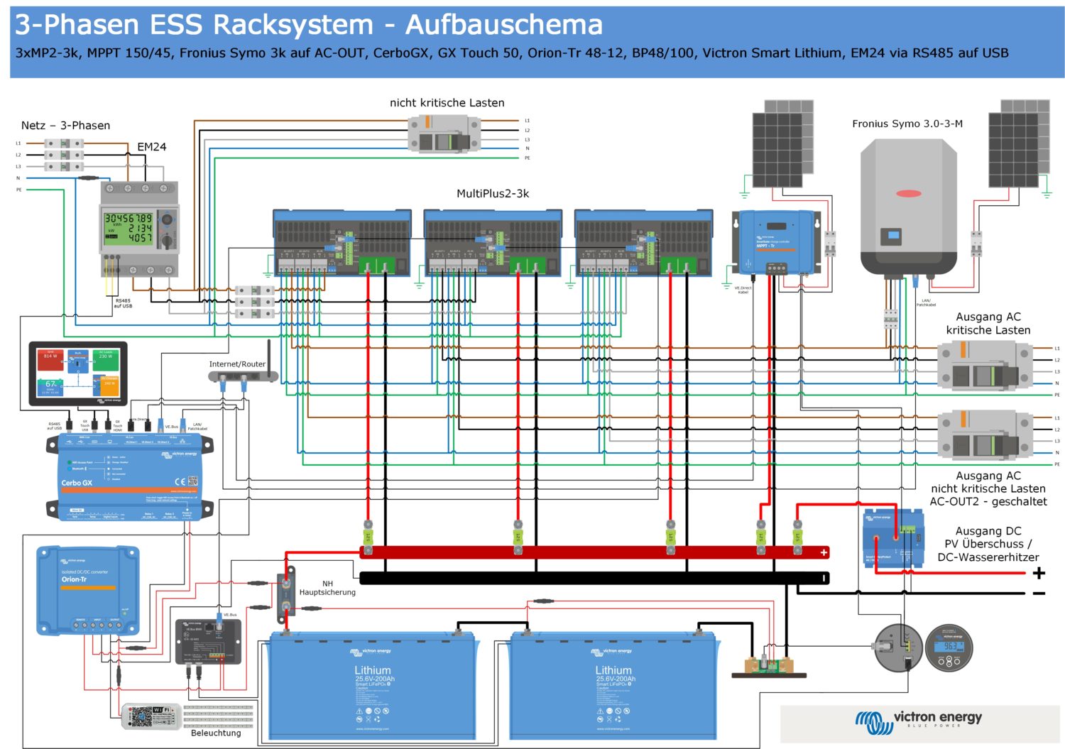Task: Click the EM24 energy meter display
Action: point(129,228)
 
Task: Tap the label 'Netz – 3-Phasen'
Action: point(65,126)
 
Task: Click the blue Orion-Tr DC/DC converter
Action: point(87,590)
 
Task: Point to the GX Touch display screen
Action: point(78,373)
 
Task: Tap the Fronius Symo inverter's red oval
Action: point(908,193)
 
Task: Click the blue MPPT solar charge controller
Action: point(776,241)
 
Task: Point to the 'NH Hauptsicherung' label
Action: point(327,588)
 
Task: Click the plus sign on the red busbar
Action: point(824,552)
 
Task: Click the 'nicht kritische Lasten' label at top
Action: point(447,103)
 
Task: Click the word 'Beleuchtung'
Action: point(216,733)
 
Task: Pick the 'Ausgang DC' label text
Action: point(988,531)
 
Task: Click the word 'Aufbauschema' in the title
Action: point(503,25)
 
